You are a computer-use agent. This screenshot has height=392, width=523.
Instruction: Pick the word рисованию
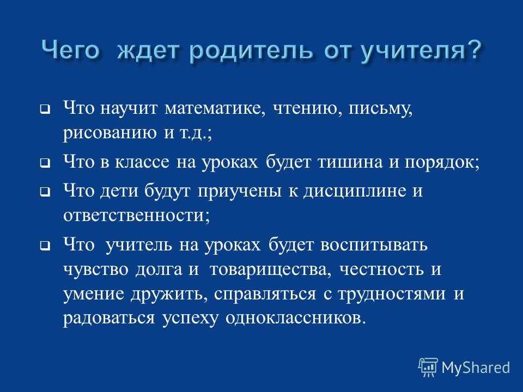click(x=110, y=133)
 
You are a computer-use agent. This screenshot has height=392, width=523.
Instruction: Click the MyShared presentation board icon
click(x=428, y=367)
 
